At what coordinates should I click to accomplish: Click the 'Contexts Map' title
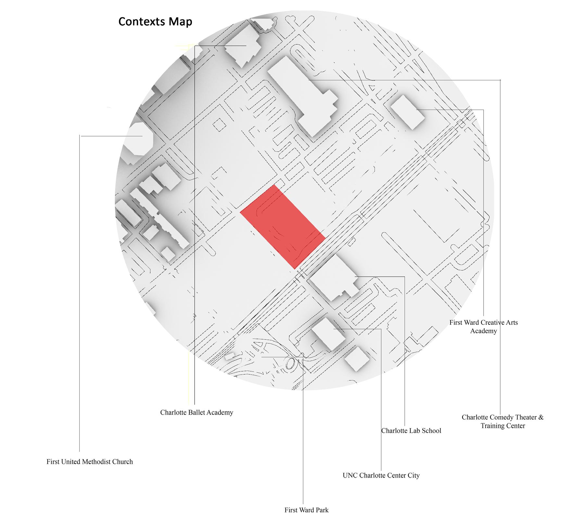click(x=155, y=21)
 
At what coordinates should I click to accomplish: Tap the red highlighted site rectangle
click(x=283, y=227)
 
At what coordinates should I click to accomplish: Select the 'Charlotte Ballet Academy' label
click(x=197, y=412)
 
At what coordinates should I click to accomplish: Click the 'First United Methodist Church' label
click(x=90, y=462)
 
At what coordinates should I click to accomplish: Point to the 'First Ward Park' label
click(x=306, y=510)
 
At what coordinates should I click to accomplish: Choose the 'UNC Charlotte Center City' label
click(x=381, y=475)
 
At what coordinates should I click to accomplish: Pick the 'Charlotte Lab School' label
click(x=411, y=431)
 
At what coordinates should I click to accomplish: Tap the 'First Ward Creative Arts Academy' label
click(x=483, y=326)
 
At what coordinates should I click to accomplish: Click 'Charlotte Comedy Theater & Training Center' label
click(x=502, y=421)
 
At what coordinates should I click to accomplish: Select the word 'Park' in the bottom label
click(x=322, y=510)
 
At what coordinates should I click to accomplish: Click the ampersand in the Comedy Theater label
click(x=540, y=417)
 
